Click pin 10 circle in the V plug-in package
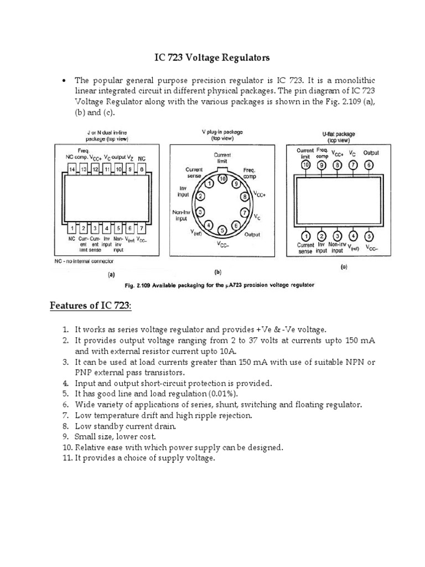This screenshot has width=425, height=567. pyautogui.click(x=222, y=178)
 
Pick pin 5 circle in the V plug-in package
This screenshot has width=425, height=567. pyautogui.click(x=222, y=230)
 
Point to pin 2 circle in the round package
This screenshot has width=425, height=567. pyautogui.click(x=201, y=195)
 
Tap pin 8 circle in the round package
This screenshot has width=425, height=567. pyautogui.click(x=243, y=195)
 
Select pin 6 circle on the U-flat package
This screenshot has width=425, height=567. pyautogui.click(x=369, y=164)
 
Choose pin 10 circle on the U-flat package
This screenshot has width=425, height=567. pyautogui.click(x=305, y=164)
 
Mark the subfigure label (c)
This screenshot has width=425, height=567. pyautogui.click(x=344, y=267)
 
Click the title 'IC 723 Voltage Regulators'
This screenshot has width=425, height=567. pyautogui.click(x=212, y=58)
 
